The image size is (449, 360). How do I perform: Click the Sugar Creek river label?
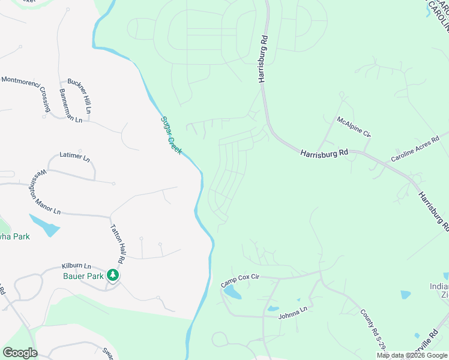171,135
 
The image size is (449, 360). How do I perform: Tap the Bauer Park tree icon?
113,275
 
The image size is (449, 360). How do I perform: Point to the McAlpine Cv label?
354,127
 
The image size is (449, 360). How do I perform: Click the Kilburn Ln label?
76,265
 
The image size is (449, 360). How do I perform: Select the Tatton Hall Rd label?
117,244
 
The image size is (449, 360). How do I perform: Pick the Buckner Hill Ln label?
79,95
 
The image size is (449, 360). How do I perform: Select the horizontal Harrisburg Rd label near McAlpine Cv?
324,153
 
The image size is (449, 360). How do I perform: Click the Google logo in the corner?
20,352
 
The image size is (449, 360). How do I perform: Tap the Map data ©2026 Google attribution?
412,355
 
